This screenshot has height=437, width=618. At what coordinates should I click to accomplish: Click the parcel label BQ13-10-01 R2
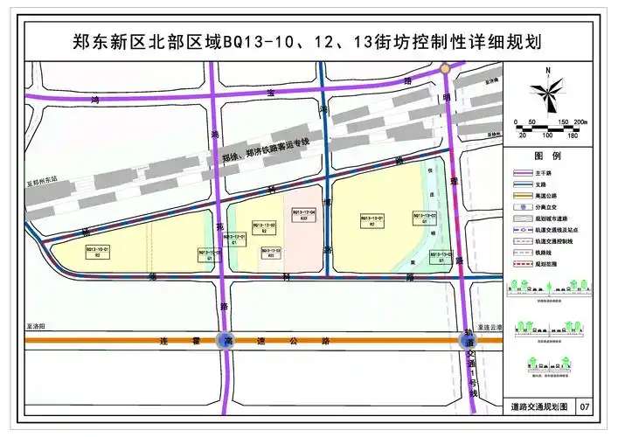pos(95,251)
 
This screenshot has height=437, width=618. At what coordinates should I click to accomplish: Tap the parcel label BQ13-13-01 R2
pos(371,220)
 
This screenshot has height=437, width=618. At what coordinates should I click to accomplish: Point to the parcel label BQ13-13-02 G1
pos(424,218)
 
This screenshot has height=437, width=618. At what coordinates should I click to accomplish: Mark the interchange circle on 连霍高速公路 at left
pos(226,340)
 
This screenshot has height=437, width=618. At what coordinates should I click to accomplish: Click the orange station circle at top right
pos(446,68)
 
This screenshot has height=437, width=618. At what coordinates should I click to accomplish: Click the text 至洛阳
pos(36,323)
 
